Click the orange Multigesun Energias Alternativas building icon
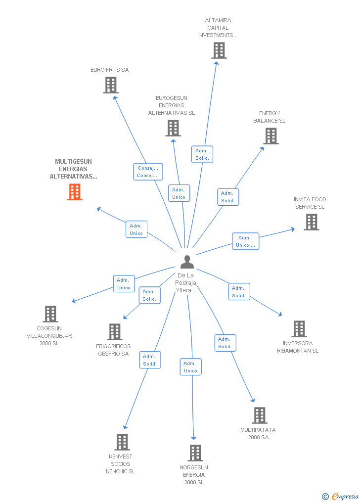point(75,192)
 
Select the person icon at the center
point(187,262)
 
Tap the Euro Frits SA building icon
point(111,85)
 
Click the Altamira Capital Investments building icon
point(219,50)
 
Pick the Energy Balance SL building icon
point(271,136)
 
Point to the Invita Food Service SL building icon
point(311,222)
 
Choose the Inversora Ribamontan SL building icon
point(299,329)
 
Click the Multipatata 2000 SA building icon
point(259,415)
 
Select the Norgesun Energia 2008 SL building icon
point(195,453)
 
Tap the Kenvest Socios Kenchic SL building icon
point(122,442)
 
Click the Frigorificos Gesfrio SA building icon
point(115,332)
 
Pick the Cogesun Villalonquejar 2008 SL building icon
point(50,314)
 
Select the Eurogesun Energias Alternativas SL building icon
point(173,128)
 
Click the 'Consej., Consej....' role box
point(148,172)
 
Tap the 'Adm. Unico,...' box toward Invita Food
point(245,241)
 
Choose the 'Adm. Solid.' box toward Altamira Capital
point(202,154)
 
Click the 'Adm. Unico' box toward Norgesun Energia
point(190,367)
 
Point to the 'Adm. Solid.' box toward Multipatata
point(225,343)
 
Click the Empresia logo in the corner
point(340,496)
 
